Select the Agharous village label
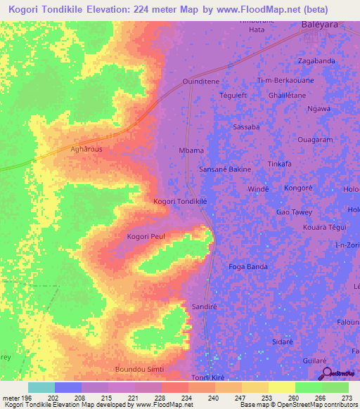coord(86,150)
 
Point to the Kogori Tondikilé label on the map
coord(180,201)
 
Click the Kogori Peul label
coord(146,237)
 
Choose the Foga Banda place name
coord(248,266)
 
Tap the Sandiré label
coord(202,307)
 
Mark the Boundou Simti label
coord(137,368)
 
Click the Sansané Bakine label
coord(224,169)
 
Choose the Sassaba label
coord(246,127)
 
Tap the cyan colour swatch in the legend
coord(41,387)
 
